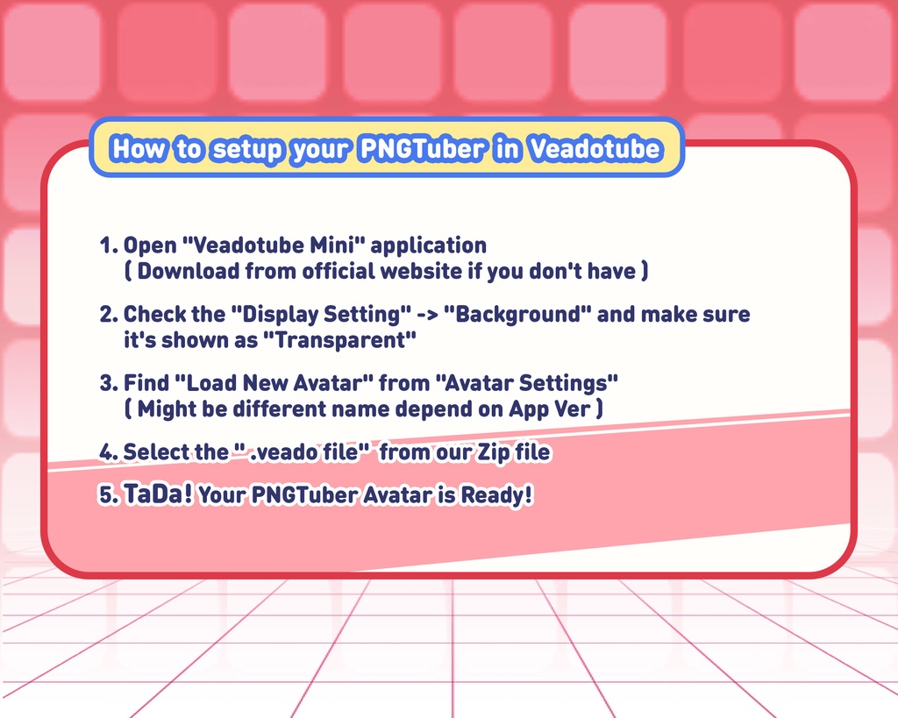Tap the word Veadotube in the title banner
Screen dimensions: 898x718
tap(595, 149)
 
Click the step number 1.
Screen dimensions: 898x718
tap(108, 245)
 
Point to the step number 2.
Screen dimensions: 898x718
tap(109, 315)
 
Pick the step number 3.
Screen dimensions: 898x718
tap(109, 383)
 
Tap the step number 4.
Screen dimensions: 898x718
tap(109, 451)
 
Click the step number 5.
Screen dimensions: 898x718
tap(109, 495)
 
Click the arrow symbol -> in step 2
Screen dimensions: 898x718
tap(427, 315)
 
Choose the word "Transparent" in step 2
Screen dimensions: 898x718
tap(339, 340)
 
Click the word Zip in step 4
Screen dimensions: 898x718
tap(495, 452)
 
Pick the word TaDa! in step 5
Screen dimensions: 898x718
tap(158, 494)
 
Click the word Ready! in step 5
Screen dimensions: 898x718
tap(496, 495)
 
